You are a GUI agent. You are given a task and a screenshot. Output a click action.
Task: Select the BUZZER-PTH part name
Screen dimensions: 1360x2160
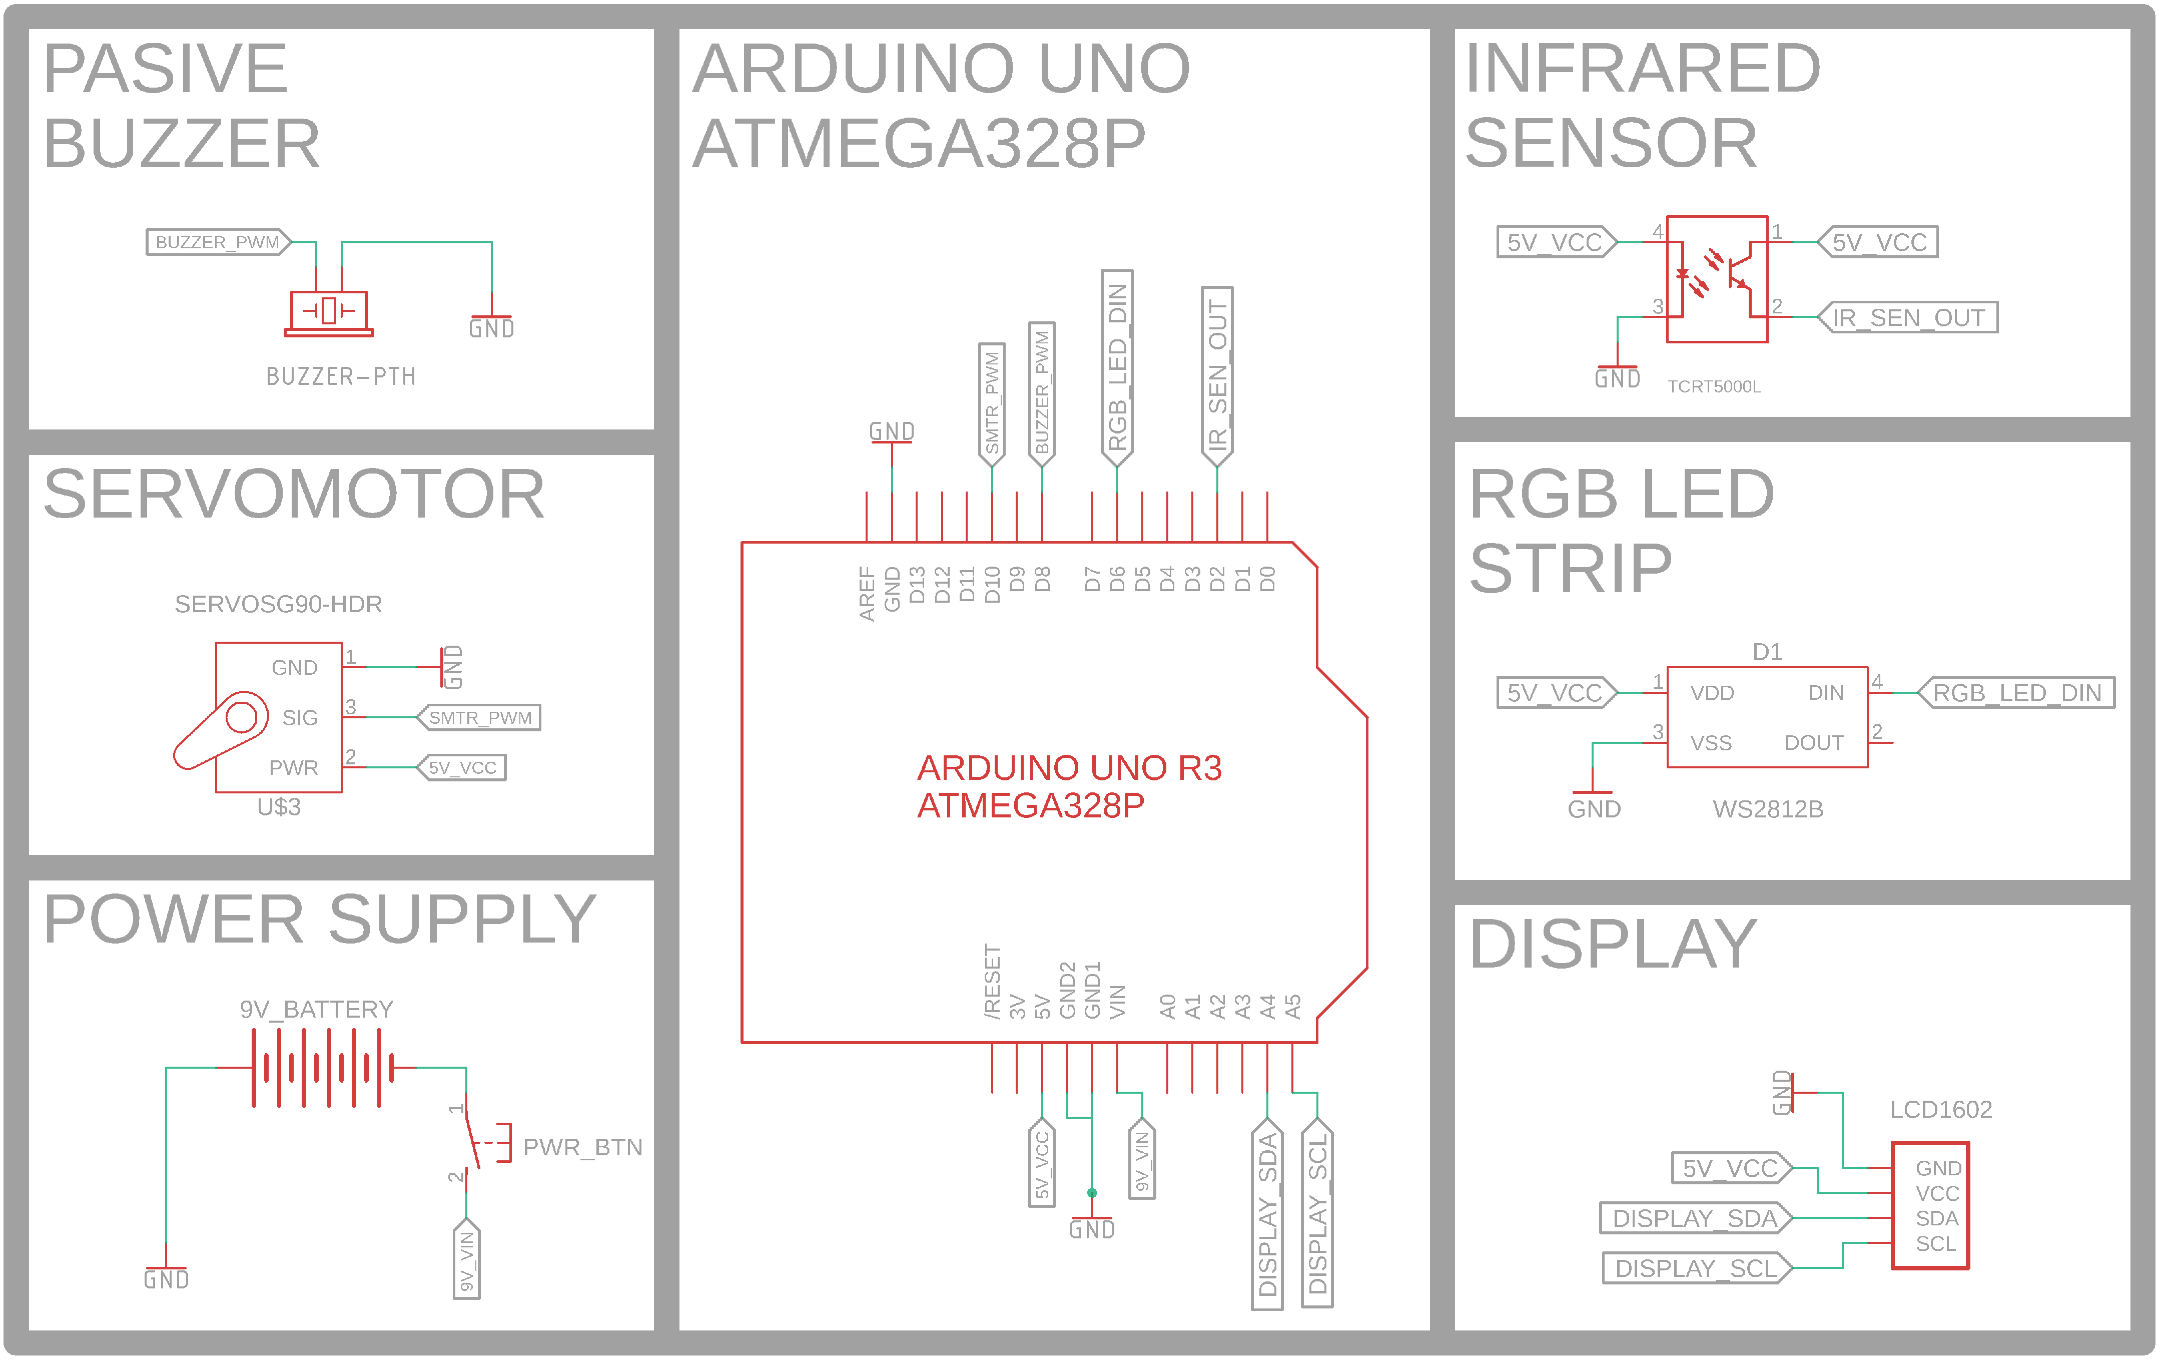(341, 377)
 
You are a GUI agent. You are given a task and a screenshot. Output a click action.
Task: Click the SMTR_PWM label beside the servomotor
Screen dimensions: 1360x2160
(480, 718)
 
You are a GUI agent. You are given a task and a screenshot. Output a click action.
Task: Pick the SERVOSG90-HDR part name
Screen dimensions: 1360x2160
(278, 604)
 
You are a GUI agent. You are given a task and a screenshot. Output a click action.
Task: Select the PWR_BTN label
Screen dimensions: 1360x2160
(582, 1147)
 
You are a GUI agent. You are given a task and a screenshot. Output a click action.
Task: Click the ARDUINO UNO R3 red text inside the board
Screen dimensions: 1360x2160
(1069, 768)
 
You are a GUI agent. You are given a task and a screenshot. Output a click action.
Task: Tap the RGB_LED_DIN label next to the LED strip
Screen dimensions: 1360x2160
(2016, 693)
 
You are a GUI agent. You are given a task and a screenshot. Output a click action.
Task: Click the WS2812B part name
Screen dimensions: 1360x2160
(1767, 809)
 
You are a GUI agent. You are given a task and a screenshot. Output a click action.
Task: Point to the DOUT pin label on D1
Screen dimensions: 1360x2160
(1814, 743)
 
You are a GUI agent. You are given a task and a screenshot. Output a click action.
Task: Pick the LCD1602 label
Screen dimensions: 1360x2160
(1940, 1110)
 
